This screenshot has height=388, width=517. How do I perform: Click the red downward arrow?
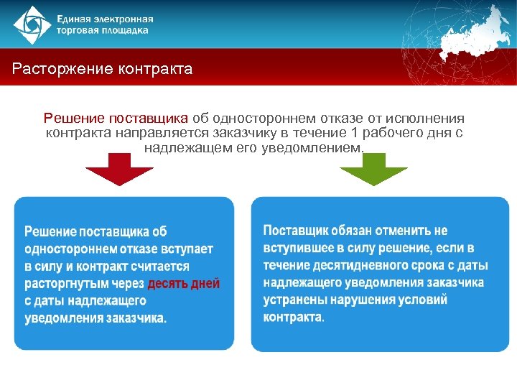click(119, 168)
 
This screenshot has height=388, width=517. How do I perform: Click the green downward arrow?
click(373, 168)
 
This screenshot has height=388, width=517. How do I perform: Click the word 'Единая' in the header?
click(77, 19)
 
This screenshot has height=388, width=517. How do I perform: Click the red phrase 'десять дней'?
click(184, 283)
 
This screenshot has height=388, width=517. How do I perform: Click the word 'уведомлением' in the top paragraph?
click(320, 148)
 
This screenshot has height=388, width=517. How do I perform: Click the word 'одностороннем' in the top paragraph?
click(251, 118)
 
